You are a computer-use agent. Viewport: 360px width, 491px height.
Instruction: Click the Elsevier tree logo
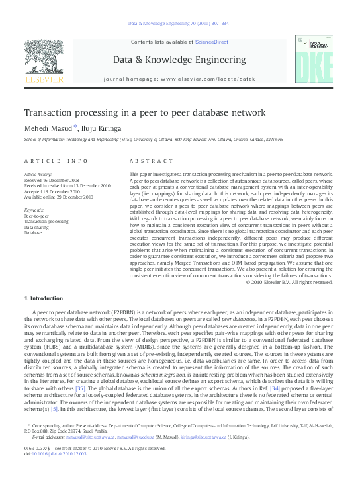44,58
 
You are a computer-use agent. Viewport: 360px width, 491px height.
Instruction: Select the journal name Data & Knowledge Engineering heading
179,58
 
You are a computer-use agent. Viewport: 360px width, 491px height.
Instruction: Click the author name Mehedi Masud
48,128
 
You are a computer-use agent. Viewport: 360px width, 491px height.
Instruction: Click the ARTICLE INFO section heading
56,161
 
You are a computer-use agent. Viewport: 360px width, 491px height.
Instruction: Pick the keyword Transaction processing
46,222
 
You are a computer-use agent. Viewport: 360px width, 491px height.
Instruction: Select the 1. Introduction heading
48,298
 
